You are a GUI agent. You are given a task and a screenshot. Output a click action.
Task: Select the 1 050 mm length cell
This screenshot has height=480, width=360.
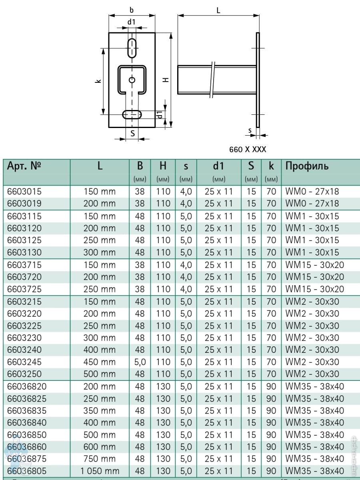coord(100,471)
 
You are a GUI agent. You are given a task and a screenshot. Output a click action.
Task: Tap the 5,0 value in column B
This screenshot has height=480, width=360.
coord(140,362)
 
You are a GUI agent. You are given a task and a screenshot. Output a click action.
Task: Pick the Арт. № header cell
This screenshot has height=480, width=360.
coord(25,166)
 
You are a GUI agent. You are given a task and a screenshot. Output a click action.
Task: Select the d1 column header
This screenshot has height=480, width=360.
coord(218,166)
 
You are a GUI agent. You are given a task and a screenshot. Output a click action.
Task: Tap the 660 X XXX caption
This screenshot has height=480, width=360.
coord(248,149)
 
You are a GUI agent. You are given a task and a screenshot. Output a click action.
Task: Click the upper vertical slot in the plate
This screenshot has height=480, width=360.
coord(132,48)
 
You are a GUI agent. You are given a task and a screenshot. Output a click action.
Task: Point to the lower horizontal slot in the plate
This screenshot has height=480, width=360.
coord(132,115)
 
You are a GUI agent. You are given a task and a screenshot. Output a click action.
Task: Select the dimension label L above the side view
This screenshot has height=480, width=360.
coord(218,11)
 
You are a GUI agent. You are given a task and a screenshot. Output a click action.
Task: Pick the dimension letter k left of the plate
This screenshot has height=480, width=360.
coord(98,81)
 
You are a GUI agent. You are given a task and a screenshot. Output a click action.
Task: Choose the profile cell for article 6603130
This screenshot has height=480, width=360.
coord(312,252)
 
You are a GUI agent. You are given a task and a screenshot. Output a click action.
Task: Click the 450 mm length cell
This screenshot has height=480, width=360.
coord(100,362)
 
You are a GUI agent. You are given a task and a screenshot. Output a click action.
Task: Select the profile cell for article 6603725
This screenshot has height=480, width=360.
coord(314,289)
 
